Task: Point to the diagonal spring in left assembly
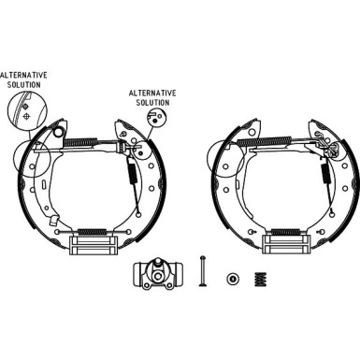click(130, 172)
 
